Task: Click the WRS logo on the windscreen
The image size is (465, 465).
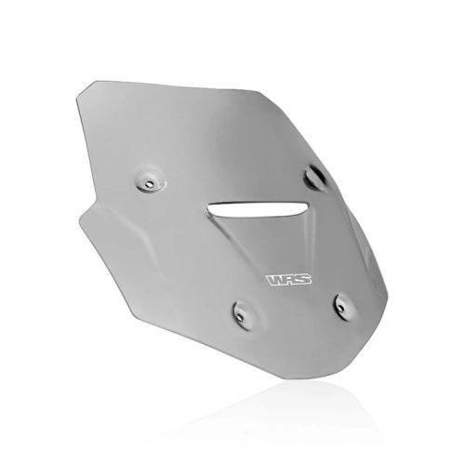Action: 289,280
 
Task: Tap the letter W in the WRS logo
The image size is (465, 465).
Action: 274,280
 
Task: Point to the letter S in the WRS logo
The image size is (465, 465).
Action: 303,280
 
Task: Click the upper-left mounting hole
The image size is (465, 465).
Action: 150,183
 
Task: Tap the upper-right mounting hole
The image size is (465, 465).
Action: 314,176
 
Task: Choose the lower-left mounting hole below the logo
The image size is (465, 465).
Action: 242,316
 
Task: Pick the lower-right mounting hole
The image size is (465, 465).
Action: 340,308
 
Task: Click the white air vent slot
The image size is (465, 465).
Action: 258,209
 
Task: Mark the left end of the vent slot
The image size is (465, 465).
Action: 208,207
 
